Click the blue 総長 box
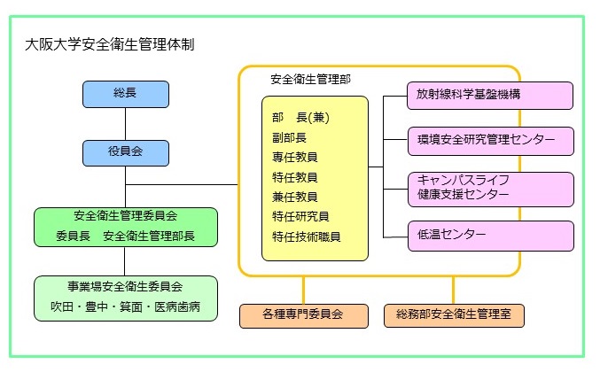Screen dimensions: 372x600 coord(126,94)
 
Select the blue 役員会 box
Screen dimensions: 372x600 coord(126,153)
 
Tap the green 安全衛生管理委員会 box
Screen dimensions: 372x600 coord(124,227)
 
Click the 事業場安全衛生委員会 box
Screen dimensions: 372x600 coord(124,298)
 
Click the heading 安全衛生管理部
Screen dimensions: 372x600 coord(310,79)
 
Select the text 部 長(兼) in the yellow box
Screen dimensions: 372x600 coord(307,117)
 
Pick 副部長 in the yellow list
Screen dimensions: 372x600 coord(290,137)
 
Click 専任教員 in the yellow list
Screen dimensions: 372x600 coord(295,157)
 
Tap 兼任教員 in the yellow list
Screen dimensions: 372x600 coord(295,197)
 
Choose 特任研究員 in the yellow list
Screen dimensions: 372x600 coord(301,216)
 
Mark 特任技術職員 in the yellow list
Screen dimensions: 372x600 coord(307,236)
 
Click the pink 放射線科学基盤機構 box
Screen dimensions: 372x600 coord(489,96)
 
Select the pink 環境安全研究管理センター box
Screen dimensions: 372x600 coord(489,141)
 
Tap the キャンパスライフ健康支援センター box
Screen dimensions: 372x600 coord(489,187)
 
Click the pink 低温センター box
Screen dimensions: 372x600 coord(489,236)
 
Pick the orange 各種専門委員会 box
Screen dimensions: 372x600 coord(303,314)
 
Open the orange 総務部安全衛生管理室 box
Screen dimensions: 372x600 coord(453,314)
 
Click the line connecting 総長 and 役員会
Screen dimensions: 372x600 coord(126,124)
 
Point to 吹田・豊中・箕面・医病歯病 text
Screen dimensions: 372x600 coord(124,308)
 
